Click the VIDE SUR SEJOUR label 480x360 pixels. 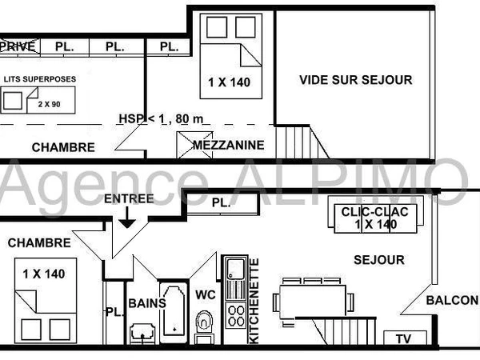coord(356,80)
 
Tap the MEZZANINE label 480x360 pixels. coord(228,146)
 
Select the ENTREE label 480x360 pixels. coord(127,198)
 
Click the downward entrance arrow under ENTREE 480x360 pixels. coord(126,218)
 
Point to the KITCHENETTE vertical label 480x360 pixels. coord(254,301)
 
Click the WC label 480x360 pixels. coord(206,294)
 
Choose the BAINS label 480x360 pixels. coord(146,303)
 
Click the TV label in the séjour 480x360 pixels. coord(404,339)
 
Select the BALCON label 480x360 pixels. coord(452,301)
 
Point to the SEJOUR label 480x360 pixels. coord(380,260)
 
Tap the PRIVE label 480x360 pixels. coord(18,46)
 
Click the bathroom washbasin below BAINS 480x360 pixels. coord(144,332)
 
